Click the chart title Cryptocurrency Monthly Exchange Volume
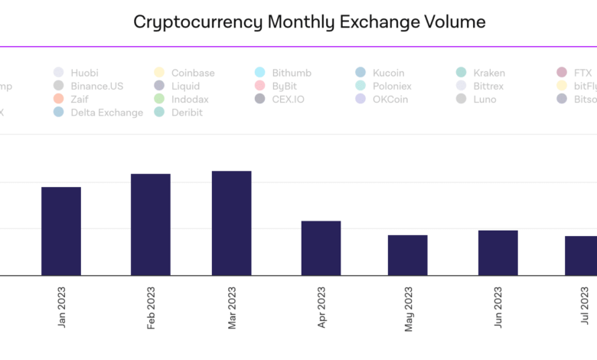click(x=309, y=21)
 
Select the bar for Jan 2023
click(x=61, y=231)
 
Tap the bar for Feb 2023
click(x=151, y=224)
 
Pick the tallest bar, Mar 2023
click(x=231, y=223)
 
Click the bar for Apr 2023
click(x=321, y=248)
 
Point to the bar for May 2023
click(x=407, y=255)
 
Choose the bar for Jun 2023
click(x=497, y=253)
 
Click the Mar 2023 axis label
click(x=233, y=309)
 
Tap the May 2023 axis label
click(x=409, y=309)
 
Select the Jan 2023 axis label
click(x=62, y=309)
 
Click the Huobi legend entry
click(x=84, y=73)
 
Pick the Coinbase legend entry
click(x=193, y=73)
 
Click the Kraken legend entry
click(x=489, y=73)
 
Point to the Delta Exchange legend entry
click(x=106, y=113)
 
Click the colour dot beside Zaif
click(x=59, y=100)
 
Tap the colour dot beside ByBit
click(x=259, y=86)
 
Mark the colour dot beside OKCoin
click(x=360, y=100)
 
